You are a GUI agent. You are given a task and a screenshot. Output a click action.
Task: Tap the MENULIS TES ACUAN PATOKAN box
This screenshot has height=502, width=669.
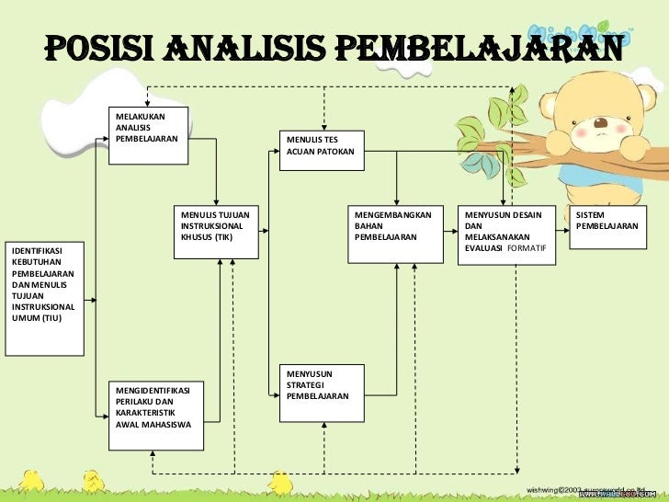[325, 150]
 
